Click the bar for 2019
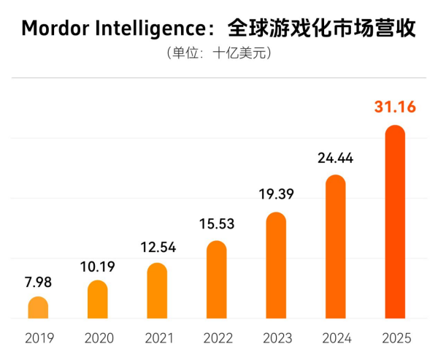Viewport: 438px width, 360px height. point(38,308)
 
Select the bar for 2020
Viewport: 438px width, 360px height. point(98,300)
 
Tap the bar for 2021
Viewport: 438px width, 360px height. point(157,291)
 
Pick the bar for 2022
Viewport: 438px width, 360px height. point(217,280)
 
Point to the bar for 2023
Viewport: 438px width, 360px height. point(276,266)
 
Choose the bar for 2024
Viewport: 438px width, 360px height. point(335,248)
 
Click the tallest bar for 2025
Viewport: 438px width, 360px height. point(395,223)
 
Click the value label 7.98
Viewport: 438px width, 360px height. point(38,283)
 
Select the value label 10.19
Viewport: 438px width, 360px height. point(98,267)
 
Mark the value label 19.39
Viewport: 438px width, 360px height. point(276,195)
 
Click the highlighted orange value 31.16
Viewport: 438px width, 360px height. point(395,107)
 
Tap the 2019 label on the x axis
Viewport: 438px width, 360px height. point(38,339)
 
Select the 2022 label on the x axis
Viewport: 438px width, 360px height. point(217,339)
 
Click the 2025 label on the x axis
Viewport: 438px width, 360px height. point(395,339)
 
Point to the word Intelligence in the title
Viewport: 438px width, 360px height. point(150,28)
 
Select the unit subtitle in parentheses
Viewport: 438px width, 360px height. point(219,54)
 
